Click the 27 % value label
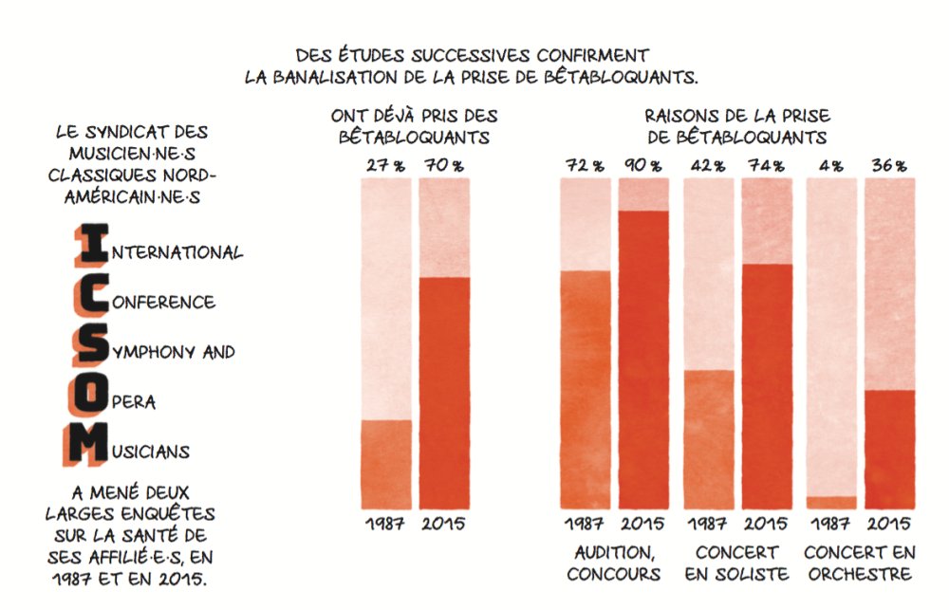(385, 165)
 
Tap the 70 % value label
(444, 165)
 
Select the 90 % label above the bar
(642, 165)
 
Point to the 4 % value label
(830, 165)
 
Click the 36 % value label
(889, 165)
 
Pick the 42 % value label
(708, 165)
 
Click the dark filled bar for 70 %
(444, 393)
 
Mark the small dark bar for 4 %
(831, 503)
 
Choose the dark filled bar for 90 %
(642, 360)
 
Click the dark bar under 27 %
(386, 464)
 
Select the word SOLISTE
(754, 574)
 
